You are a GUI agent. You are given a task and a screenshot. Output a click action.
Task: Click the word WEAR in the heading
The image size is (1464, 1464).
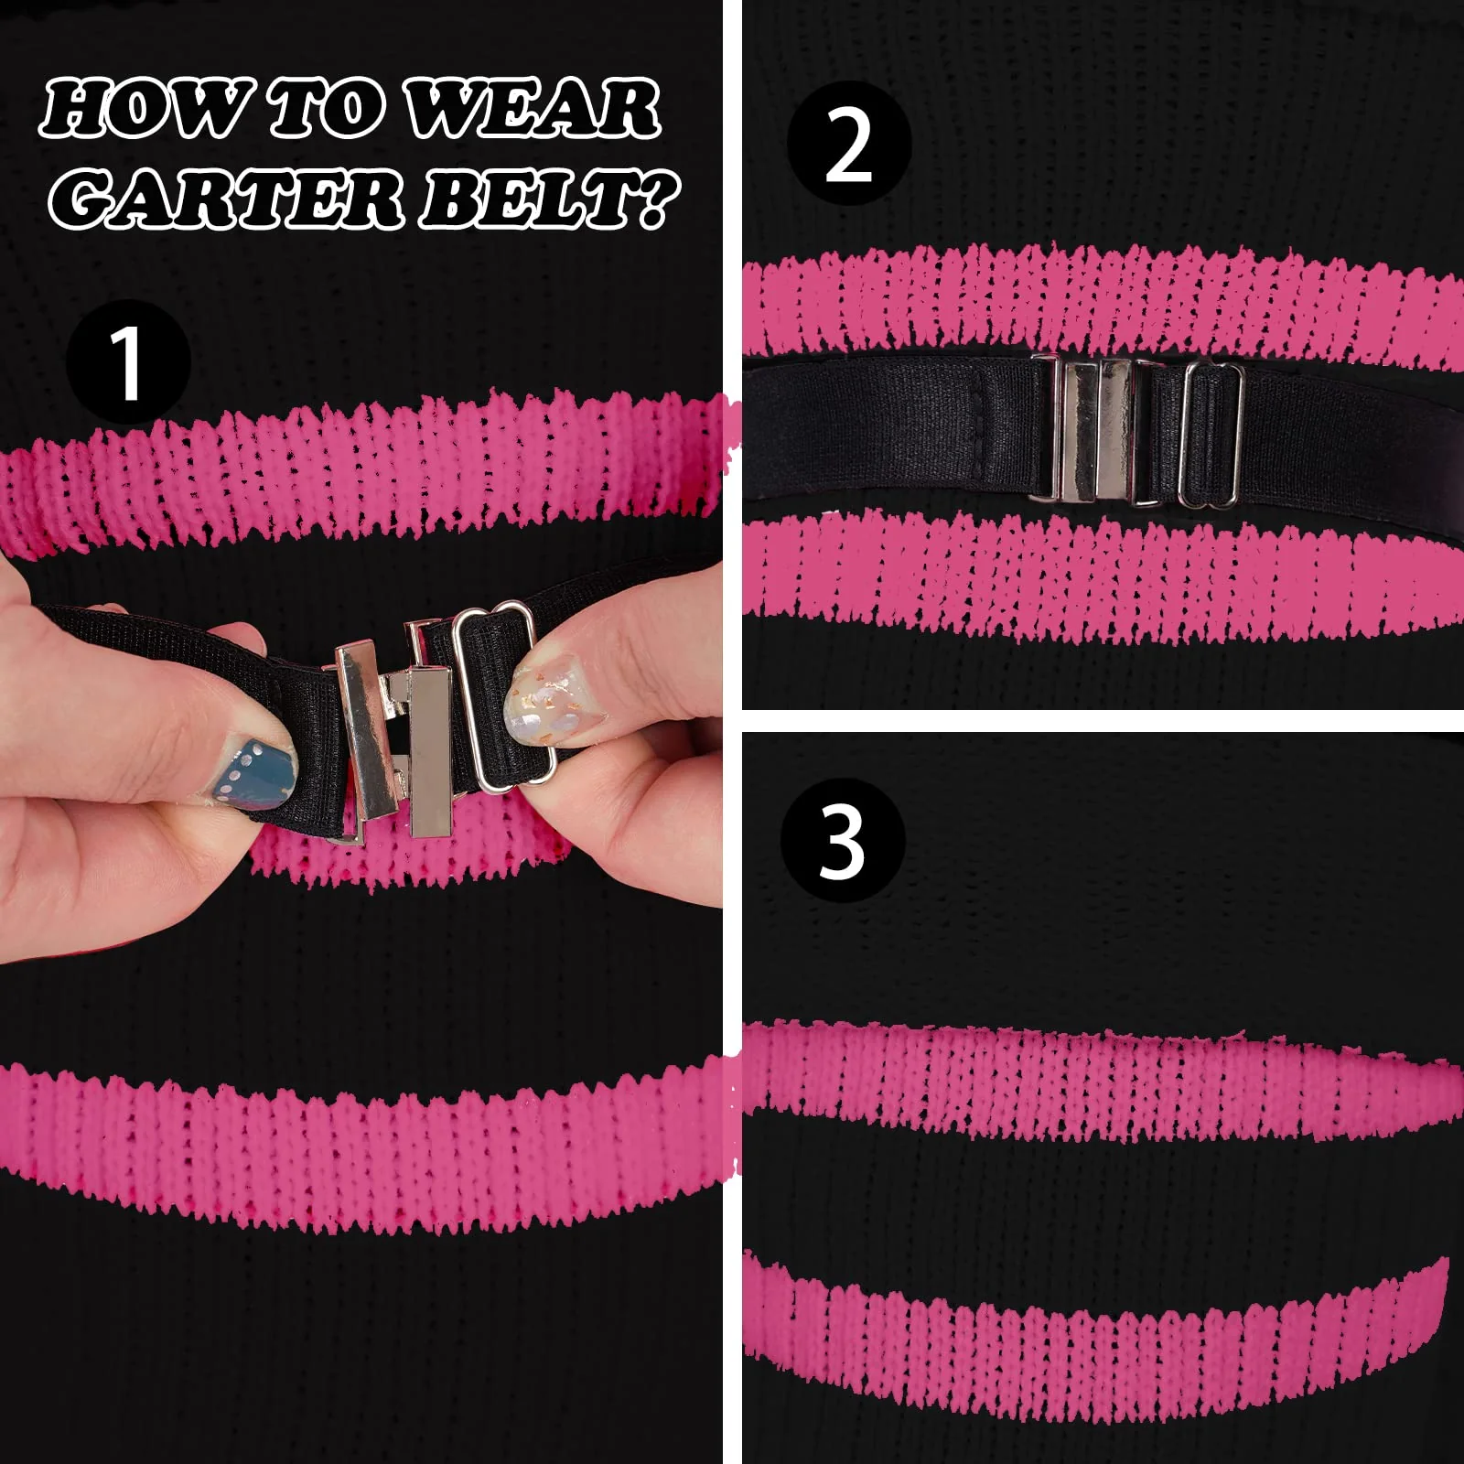533,110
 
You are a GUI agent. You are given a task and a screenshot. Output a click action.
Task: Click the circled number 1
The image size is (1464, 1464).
128,362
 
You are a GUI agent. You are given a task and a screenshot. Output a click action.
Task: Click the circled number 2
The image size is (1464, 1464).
849,145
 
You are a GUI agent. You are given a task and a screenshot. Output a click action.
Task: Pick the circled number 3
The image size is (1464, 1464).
843,840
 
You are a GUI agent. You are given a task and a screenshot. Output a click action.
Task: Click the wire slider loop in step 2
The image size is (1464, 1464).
1211,435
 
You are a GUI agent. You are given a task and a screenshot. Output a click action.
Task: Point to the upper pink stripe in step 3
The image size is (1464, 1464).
1098,1080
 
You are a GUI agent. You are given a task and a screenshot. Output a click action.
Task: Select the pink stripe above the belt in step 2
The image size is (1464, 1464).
1098,302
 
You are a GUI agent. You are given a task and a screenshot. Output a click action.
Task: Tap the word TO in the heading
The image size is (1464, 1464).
325,110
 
